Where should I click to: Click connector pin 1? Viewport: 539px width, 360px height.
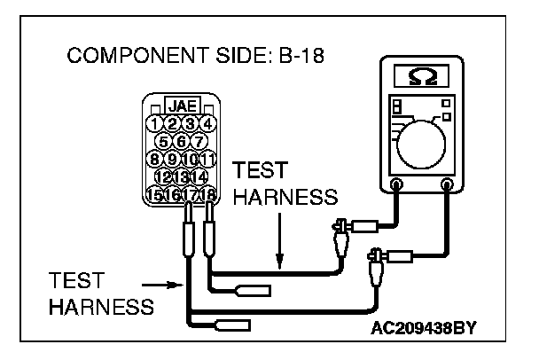coord(156,123)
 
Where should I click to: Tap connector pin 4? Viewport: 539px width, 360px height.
coord(207,123)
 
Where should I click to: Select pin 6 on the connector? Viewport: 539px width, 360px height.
coord(181,141)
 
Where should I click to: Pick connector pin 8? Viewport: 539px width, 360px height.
coord(156,160)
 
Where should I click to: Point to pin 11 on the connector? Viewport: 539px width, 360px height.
coord(207,160)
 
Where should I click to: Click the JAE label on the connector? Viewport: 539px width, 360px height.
coord(181,105)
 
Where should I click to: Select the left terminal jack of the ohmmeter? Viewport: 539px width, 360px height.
coord(396,186)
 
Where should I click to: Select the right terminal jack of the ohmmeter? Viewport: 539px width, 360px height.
coord(447,186)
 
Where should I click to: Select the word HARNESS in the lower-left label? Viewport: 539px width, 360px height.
coord(99,307)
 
